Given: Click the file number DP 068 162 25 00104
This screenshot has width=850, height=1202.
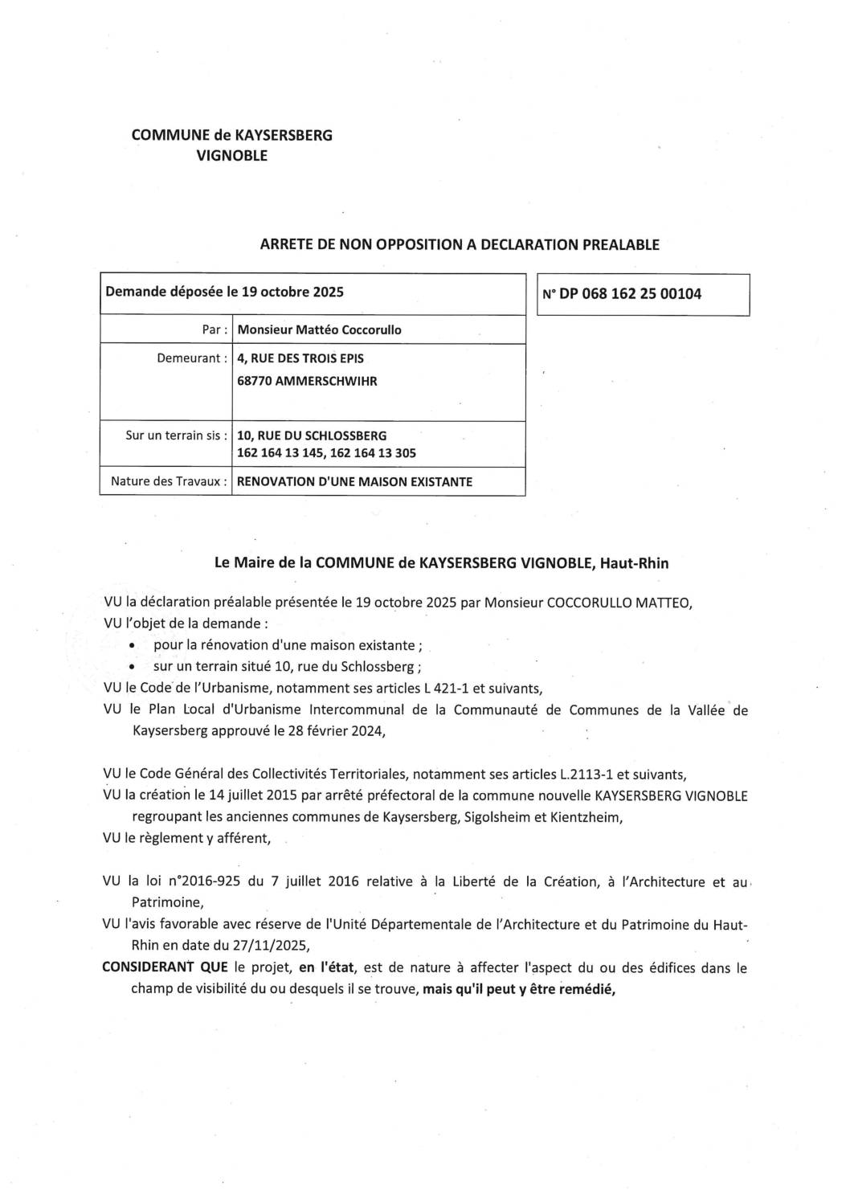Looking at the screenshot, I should click(630, 294).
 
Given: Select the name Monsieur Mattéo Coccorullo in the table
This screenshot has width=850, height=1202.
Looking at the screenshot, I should click(319, 329).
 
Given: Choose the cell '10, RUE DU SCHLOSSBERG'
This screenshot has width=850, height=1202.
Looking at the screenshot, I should click(312, 435).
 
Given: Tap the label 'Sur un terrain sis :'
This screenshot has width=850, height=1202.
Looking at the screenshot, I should click(175, 435).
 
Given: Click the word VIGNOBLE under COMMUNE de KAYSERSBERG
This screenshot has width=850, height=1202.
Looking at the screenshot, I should click(232, 156).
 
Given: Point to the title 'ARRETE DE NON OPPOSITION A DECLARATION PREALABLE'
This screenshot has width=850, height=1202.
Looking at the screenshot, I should click(460, 245).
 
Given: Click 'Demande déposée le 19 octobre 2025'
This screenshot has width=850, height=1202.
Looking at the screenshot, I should click(224, 292).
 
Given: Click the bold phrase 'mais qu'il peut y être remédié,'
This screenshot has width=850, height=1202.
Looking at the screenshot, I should click(518, 989).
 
